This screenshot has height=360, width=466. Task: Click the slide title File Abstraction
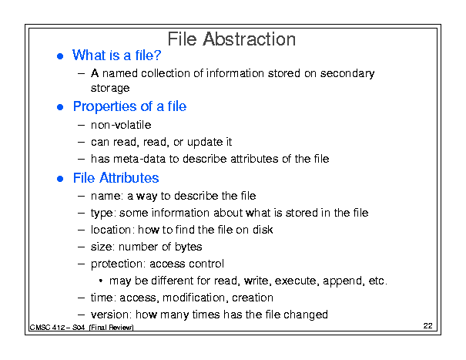tap(232, 39)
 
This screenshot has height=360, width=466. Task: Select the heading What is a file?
tap(117, 56)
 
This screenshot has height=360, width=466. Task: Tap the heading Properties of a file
tap(130, 107)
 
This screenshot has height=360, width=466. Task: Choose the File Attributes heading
tap(116, 177)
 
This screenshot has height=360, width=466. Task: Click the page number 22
tap(427, 326)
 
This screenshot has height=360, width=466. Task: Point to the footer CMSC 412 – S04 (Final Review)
tap(82, 328)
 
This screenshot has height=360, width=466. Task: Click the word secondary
tap(347, 73)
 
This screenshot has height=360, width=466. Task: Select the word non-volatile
tap(121, 125)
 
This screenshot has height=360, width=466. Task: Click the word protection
tap(118, 264)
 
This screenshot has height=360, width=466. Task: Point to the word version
tap(111, 315)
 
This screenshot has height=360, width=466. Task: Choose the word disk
tap(263, 230)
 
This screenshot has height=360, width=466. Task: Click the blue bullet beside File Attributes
tap(60, 179)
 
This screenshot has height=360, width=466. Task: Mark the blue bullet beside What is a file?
tap(60, 56)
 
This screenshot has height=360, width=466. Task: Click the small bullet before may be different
tap(101, 281)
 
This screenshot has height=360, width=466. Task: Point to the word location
tap(111, 230)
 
